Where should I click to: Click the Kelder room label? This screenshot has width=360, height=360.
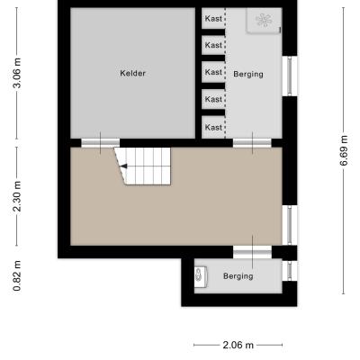pyautogui.click(x=132, y=73)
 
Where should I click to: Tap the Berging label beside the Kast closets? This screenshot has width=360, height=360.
pyautogui.click(x=248, y=75)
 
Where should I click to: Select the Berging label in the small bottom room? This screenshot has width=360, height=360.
pyautogui.click(x=238, y=276)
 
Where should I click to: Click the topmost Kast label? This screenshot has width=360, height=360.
pyautogui.click(x=213, y=19)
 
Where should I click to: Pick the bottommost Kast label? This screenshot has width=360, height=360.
pyautogui.click(x=213, y=128)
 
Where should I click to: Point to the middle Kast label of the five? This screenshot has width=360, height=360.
pyautogui.click(x=213, y=72)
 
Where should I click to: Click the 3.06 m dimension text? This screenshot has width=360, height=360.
pyautogui.click(x=17, y=73)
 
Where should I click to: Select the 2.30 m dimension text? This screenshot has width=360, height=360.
pyautogui.click(x=17, y=196)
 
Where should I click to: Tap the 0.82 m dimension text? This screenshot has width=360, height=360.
pyautogui.click(x=17, y=275)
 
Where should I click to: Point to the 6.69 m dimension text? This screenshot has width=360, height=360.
pyautogui.click(x=344, y=150)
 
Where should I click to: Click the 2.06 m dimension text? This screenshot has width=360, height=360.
pyautogui.click(x=238, y=345)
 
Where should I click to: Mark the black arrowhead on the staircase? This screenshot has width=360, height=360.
pyautogui.click(x=123, y=166)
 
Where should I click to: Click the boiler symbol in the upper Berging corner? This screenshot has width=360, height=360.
pyautogui.click(x=264, y=21)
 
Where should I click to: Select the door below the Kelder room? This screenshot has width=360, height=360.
pyautogui.click(x=101, y=142)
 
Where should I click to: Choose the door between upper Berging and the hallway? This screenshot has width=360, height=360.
pyautogui.click(x=252, y=142)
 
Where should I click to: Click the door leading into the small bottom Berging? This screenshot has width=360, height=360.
pyautogui.click(x=252, y=252)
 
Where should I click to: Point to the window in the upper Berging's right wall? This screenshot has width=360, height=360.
pyautogui.click(x=290, y=76)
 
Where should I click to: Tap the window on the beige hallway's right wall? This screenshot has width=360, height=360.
pyautogui.click(x=290, y=225)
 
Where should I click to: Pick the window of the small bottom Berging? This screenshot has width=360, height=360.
pyautogui.click(x=290, y=271)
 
